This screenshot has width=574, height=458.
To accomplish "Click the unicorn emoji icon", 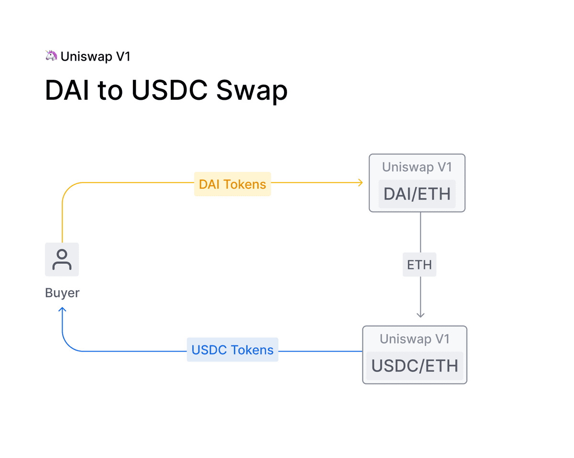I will tap(51, 56).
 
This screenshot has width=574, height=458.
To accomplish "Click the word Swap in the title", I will tap(252, 90).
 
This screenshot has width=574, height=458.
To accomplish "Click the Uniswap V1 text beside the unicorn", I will tap(95, 56).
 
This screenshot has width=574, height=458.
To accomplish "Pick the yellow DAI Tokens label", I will tap(232, 184).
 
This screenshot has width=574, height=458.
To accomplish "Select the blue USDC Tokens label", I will tap(232, 350).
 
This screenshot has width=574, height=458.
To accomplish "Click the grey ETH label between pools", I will tap(419, 265).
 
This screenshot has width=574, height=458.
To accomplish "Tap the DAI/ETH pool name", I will tap(417, 194).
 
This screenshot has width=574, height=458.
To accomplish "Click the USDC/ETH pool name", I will tap(415, 366).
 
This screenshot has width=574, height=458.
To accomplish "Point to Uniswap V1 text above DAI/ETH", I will tap(417, 167).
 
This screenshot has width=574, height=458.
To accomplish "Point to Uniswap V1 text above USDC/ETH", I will tap(415, 339).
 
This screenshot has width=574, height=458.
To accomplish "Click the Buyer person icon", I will tap(62, 259).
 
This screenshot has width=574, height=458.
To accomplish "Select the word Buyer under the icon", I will tap(62, 293).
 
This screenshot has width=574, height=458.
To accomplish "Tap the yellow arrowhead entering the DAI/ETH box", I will tap(361, 182).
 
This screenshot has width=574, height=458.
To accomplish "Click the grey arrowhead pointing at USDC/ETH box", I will tap(420, 315).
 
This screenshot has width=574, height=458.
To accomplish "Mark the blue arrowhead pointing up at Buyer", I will tap(62, 310).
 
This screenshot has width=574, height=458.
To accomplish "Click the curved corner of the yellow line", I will tap(67, 188).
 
